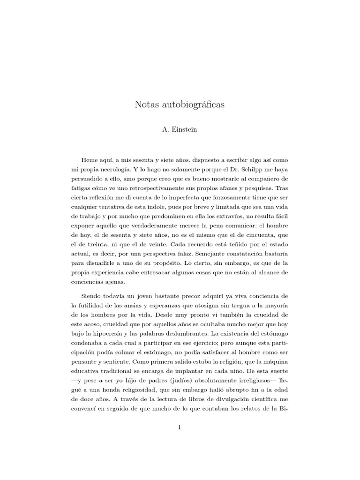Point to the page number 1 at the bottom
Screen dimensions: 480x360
(x=180, y=427)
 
